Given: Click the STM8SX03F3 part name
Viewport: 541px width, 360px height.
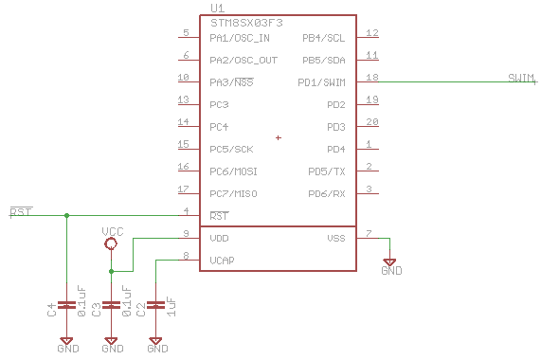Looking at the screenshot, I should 246,22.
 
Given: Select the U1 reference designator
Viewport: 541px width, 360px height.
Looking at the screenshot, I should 217,9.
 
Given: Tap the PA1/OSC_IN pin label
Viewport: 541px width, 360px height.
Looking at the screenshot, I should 240,38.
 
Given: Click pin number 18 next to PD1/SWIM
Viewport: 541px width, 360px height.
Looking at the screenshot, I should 372,78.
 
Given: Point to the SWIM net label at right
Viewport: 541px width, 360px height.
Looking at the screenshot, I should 522,77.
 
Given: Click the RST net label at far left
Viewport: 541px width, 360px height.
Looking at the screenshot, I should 20,211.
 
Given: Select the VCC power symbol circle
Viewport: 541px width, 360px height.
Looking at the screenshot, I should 111,243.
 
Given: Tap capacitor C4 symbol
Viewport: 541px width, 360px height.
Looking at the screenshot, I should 66,304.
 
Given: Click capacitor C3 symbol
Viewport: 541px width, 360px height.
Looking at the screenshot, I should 111,304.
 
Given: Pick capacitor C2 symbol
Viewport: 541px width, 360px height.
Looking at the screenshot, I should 155,304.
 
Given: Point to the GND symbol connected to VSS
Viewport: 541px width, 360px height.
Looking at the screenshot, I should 389,264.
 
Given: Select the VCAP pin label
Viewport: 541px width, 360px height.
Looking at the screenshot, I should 222,261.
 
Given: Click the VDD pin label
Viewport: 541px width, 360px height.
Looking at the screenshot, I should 219,238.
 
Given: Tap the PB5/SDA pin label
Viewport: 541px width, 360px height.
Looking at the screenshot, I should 322,60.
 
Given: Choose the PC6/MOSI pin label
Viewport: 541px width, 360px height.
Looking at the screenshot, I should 233,171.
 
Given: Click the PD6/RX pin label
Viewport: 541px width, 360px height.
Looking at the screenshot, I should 327,194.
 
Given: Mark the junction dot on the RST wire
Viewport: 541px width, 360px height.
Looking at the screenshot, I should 66,215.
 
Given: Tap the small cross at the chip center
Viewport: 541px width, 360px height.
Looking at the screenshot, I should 278,138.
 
